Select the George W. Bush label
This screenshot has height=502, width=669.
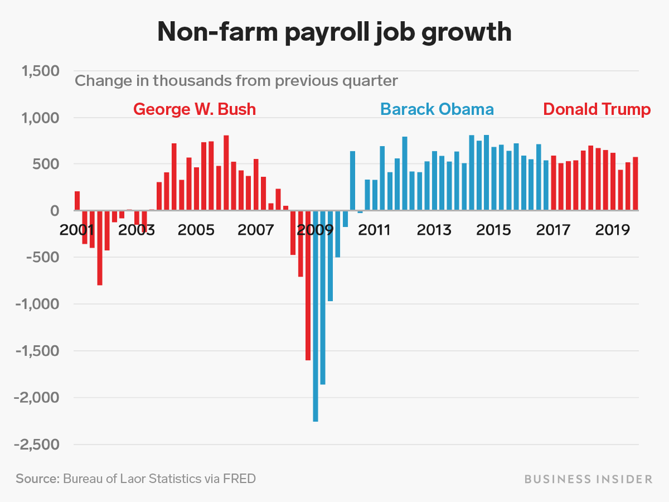[194, 110]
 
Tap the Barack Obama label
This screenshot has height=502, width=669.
[437, 110]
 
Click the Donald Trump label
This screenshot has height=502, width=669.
[597, 110]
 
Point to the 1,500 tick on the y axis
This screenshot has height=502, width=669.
[40, 71]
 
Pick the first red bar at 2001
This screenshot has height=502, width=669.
[77, 201]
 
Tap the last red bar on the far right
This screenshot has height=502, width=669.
[635, 184]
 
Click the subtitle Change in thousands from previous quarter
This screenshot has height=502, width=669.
[236, 80]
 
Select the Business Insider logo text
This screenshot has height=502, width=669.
[588, 479]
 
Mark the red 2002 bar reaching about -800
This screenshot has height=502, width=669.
[100, 247]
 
